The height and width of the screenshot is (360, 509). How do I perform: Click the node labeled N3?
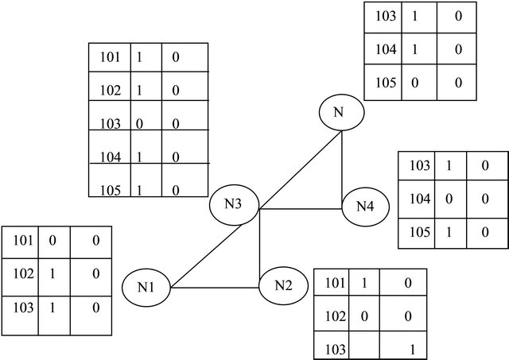[233, 204]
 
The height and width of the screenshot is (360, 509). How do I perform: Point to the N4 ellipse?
[364, 207]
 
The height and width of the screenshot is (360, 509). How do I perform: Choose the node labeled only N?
[341, 113]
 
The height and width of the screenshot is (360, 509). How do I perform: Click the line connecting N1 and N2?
[215, 288]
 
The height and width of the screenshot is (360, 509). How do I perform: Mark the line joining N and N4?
[342, 163]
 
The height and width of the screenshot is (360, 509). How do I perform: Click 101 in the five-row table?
[110, 58]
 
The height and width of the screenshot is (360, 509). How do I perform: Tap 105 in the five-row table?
[110, 190]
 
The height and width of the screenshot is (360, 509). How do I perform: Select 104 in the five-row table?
[110, 157]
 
